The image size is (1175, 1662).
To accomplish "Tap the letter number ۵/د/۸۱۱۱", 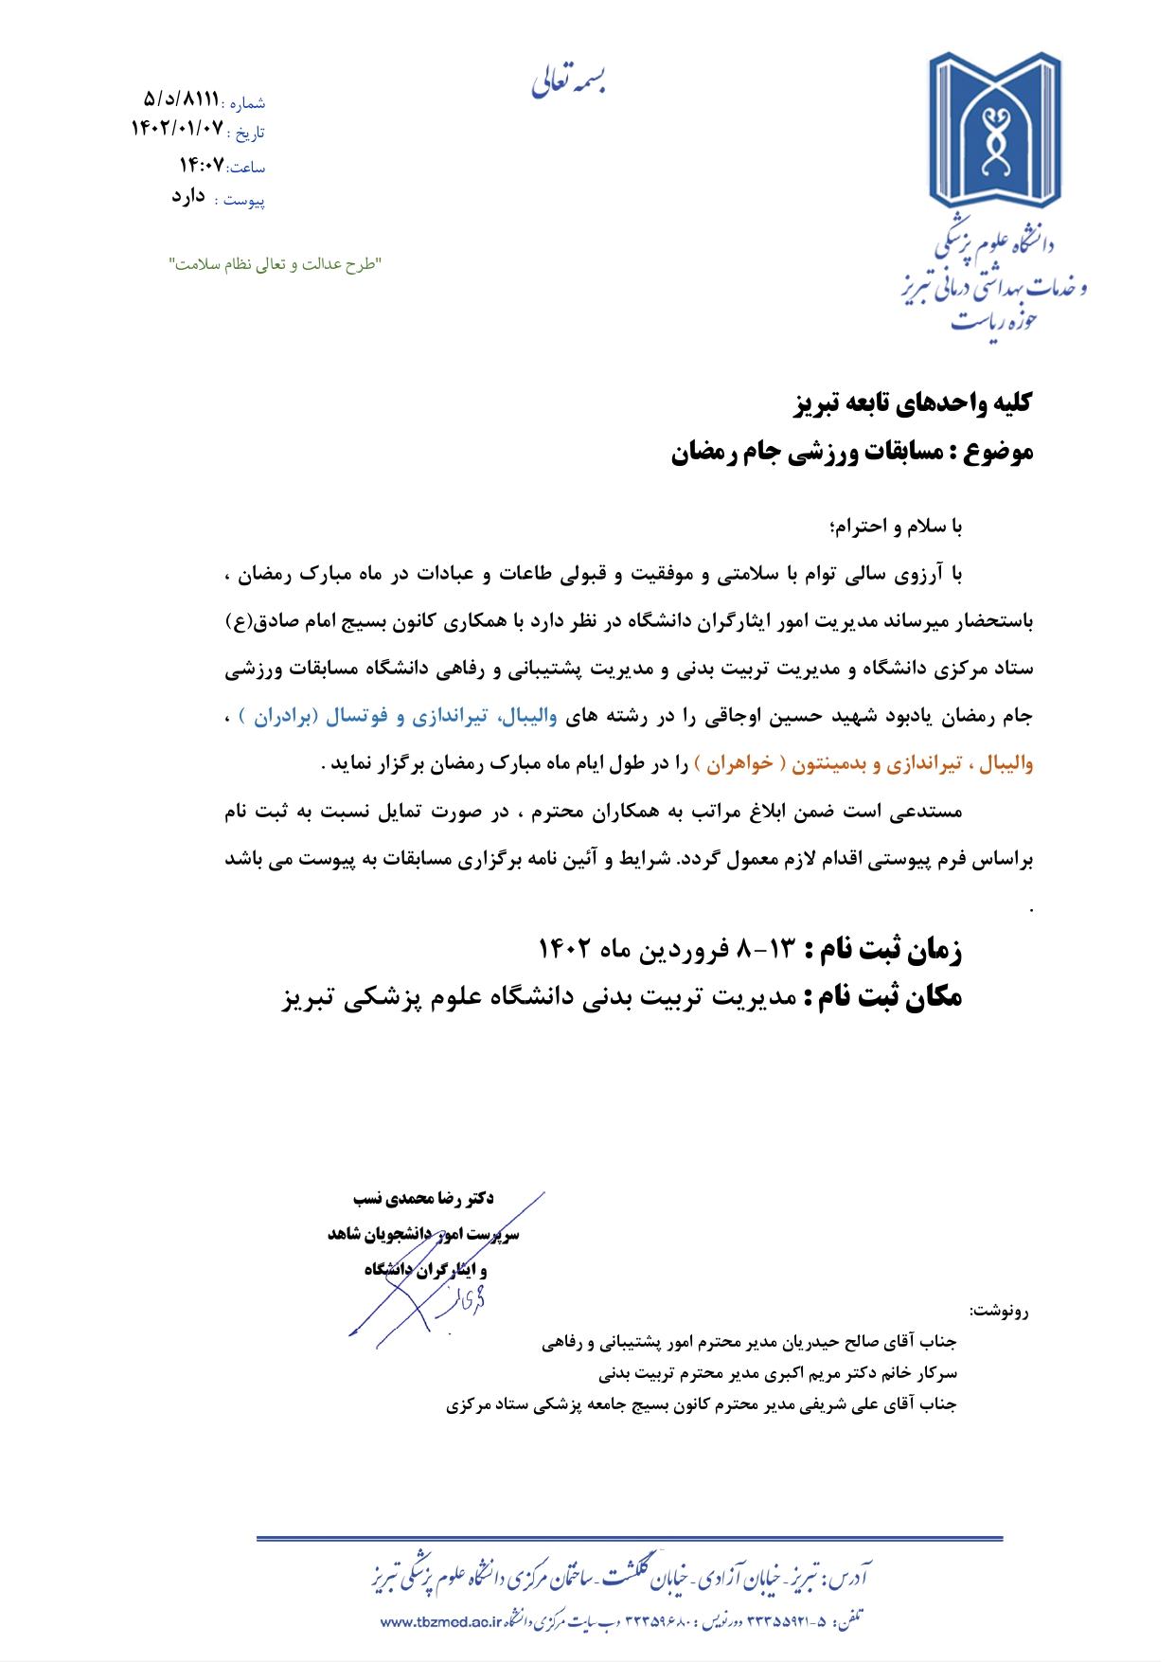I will pyautogui.click(x=181, y=98).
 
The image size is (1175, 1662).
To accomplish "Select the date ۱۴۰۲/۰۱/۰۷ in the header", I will pyautogui.click(x=177, y=128).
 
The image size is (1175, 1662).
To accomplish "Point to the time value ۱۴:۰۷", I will pyautogui.click(x=202, y=165).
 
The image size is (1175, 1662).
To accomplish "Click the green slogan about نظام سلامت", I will pyautogui.click(x=275, y=264).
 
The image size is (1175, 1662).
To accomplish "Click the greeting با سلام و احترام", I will pyautogui.click(x=895, y=526).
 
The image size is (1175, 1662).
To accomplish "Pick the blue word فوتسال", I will pyautogui.click(x=357, y=716).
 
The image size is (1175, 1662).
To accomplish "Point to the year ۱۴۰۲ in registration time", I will pyautogui.click(x=565, y=948).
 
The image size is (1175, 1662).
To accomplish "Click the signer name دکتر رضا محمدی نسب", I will pyautogui.click(x=423, y=1199).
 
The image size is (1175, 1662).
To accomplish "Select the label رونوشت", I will pyautogui.click(x=999, y=1312).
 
